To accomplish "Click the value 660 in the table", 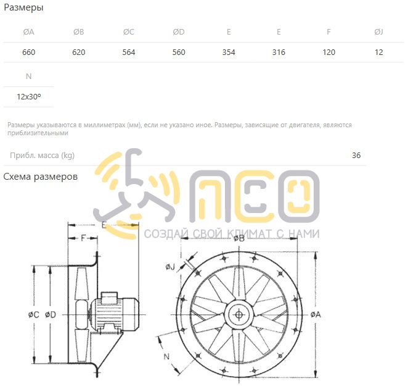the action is [x=28, y=52].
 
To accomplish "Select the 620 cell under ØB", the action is [x=78, y=52].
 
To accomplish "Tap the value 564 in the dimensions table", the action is [x=129, y=52].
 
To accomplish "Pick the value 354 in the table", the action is [x=229, y=52].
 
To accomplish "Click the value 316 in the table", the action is [x=279, y=52].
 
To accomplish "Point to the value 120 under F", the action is [x=328, y=52].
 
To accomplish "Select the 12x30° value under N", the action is [x=29, y=96].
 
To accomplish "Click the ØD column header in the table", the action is [x=179, y=32].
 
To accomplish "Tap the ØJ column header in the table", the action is [x=378, y=32].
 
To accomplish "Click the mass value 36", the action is [x=356, y=155].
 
